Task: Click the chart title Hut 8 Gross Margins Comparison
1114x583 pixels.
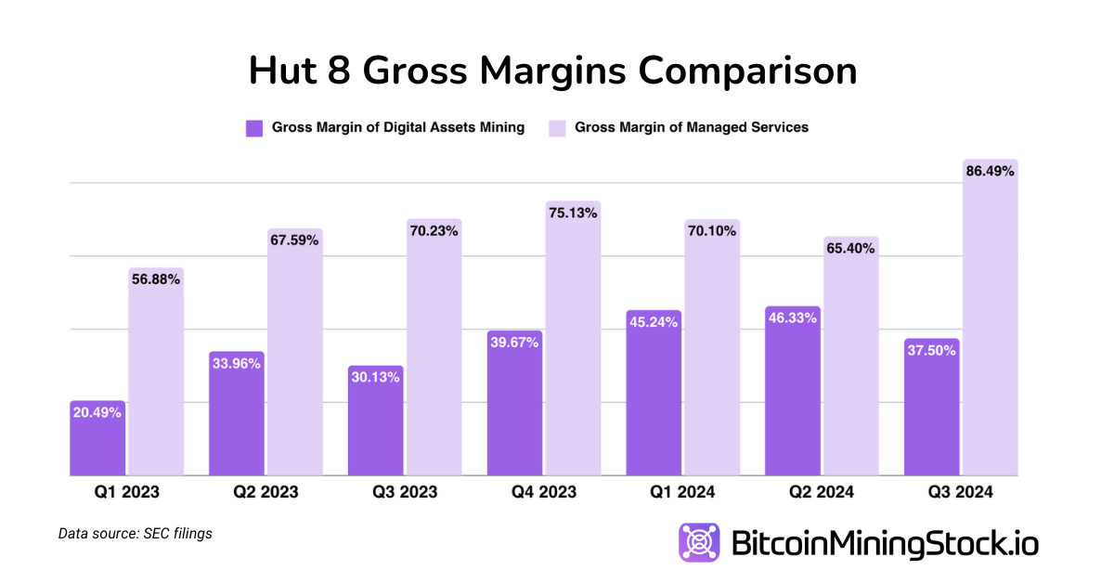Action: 552,71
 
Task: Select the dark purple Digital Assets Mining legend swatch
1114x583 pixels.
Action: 254,128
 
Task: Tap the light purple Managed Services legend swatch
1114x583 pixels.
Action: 557,128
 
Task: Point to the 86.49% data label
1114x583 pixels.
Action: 990,172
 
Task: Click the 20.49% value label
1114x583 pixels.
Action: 97,413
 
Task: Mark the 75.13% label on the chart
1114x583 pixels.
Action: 573,213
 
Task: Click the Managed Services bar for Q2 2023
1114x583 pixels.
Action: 294,362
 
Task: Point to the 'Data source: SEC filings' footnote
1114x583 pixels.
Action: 136,534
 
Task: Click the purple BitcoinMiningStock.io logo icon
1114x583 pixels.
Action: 699,542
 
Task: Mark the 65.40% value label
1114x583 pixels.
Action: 850,249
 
